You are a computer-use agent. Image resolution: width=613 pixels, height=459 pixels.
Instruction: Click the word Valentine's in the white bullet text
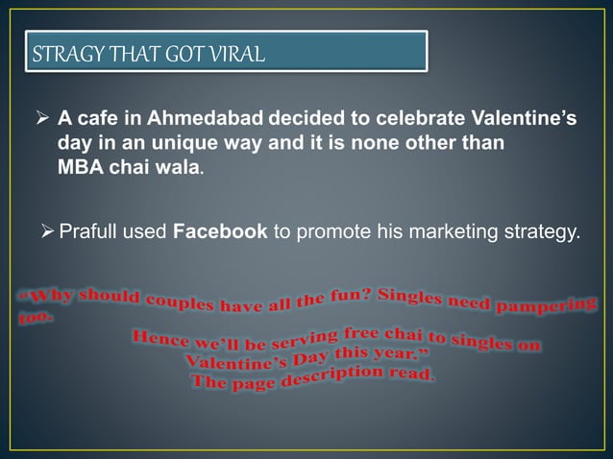(525, 120)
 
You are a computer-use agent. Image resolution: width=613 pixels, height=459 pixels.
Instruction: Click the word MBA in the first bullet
(81, 167)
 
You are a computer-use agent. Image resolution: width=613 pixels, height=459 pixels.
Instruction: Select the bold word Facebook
(220, 231)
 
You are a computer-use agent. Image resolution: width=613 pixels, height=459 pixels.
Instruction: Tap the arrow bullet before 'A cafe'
(42, 121)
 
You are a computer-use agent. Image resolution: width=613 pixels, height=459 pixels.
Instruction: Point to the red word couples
(182, 301)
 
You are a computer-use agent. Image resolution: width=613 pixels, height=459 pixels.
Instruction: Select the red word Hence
(159, 339)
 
